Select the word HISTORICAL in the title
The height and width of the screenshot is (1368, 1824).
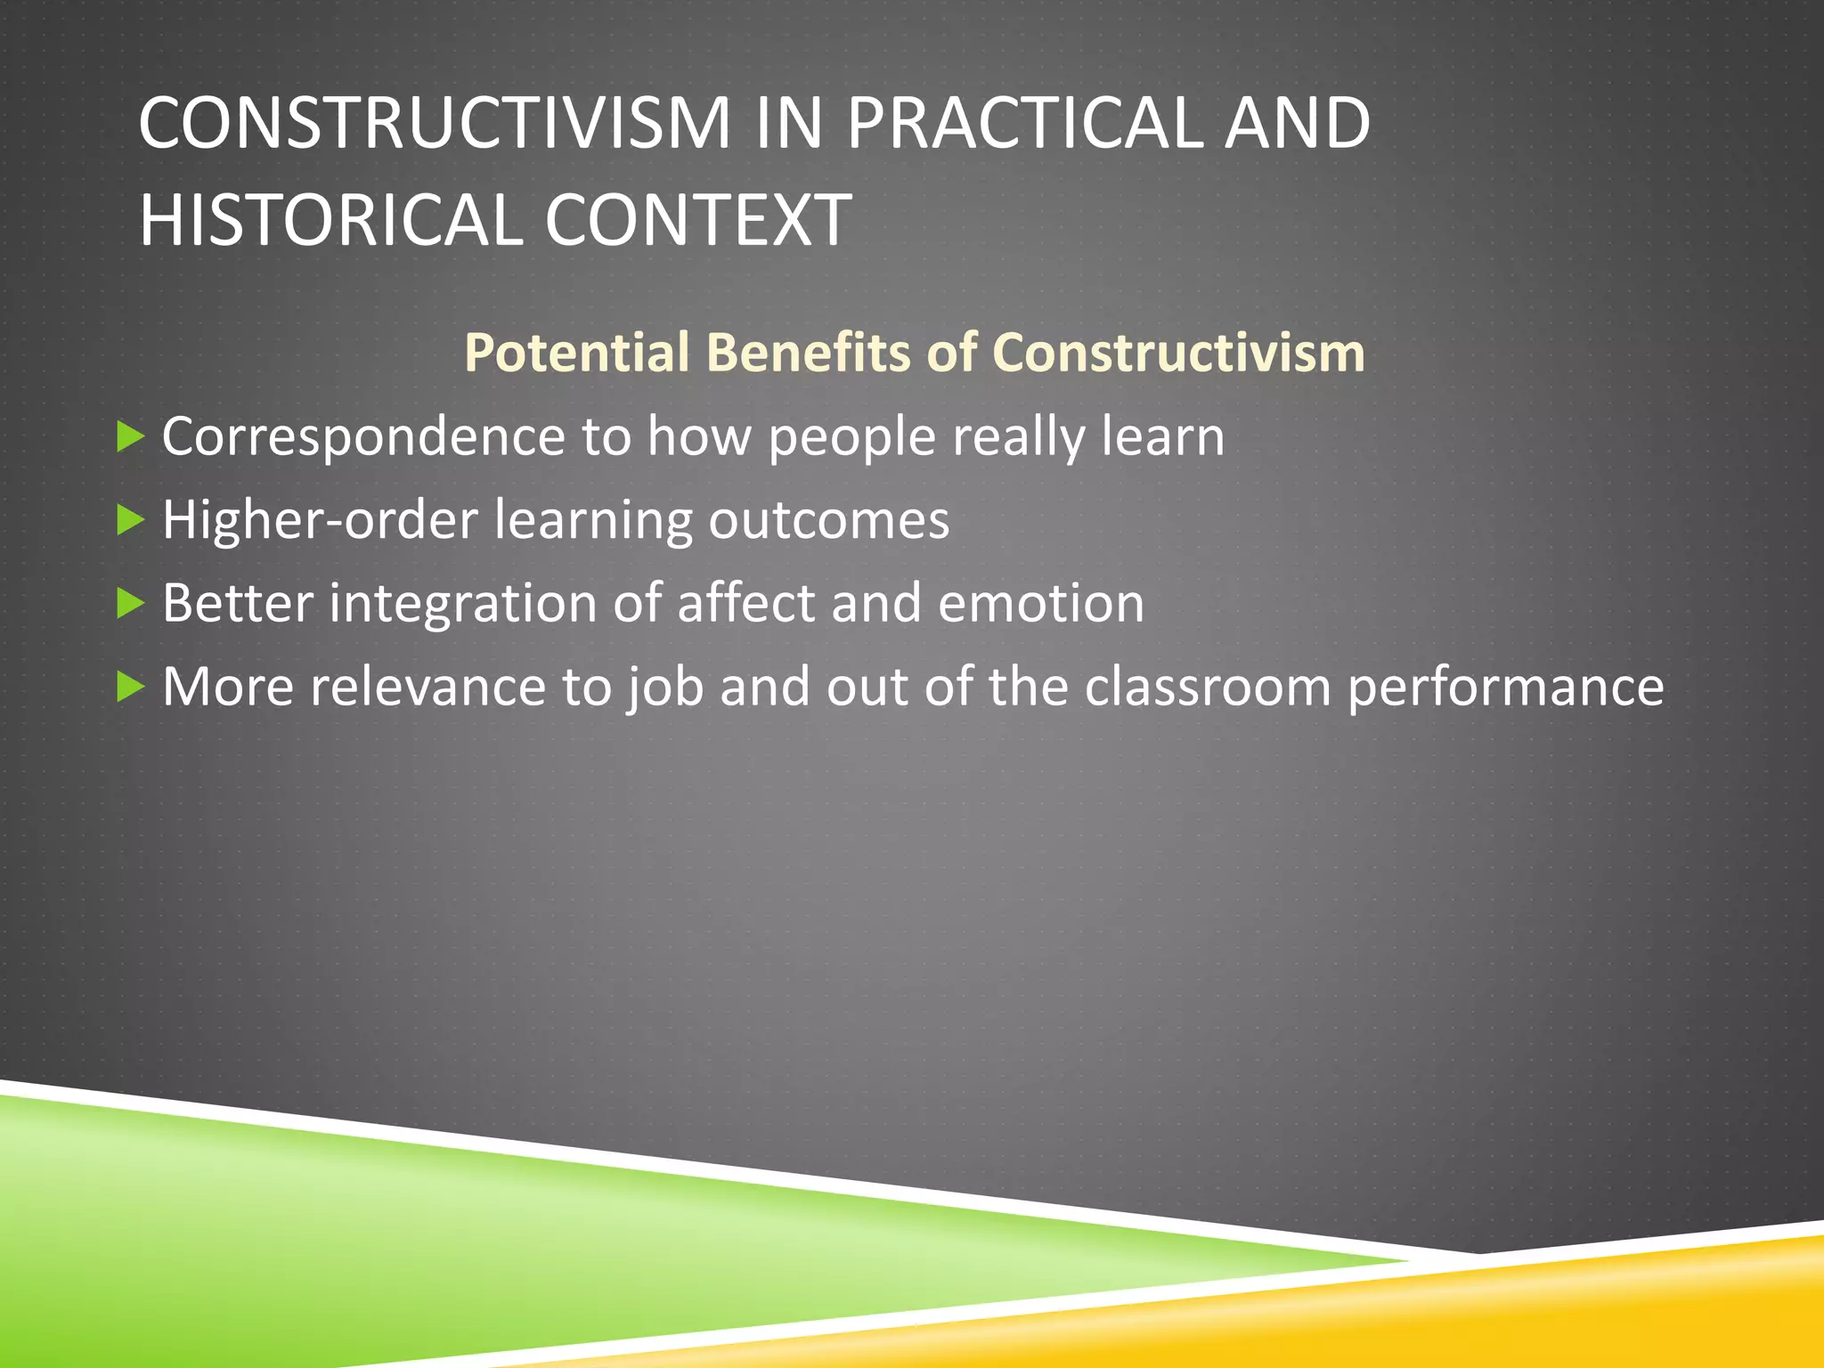(330, 220)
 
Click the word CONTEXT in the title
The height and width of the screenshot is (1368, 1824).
(697, 220)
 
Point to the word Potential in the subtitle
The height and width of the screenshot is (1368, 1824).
(576, 353)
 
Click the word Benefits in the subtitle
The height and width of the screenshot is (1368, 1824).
(808, 353)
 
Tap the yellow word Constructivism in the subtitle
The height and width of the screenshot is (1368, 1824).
(1177, 353)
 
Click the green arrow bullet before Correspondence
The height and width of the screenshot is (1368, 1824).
(130, 436)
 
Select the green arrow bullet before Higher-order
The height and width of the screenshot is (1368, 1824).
(130, 520)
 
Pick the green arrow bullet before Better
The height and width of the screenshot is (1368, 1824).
(130, 604)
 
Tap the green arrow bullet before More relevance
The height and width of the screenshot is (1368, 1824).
(130, 687)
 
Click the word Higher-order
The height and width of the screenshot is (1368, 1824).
(320, 520)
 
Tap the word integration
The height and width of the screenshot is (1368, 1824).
(462, 604)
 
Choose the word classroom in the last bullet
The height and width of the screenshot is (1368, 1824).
(1207, 687)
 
